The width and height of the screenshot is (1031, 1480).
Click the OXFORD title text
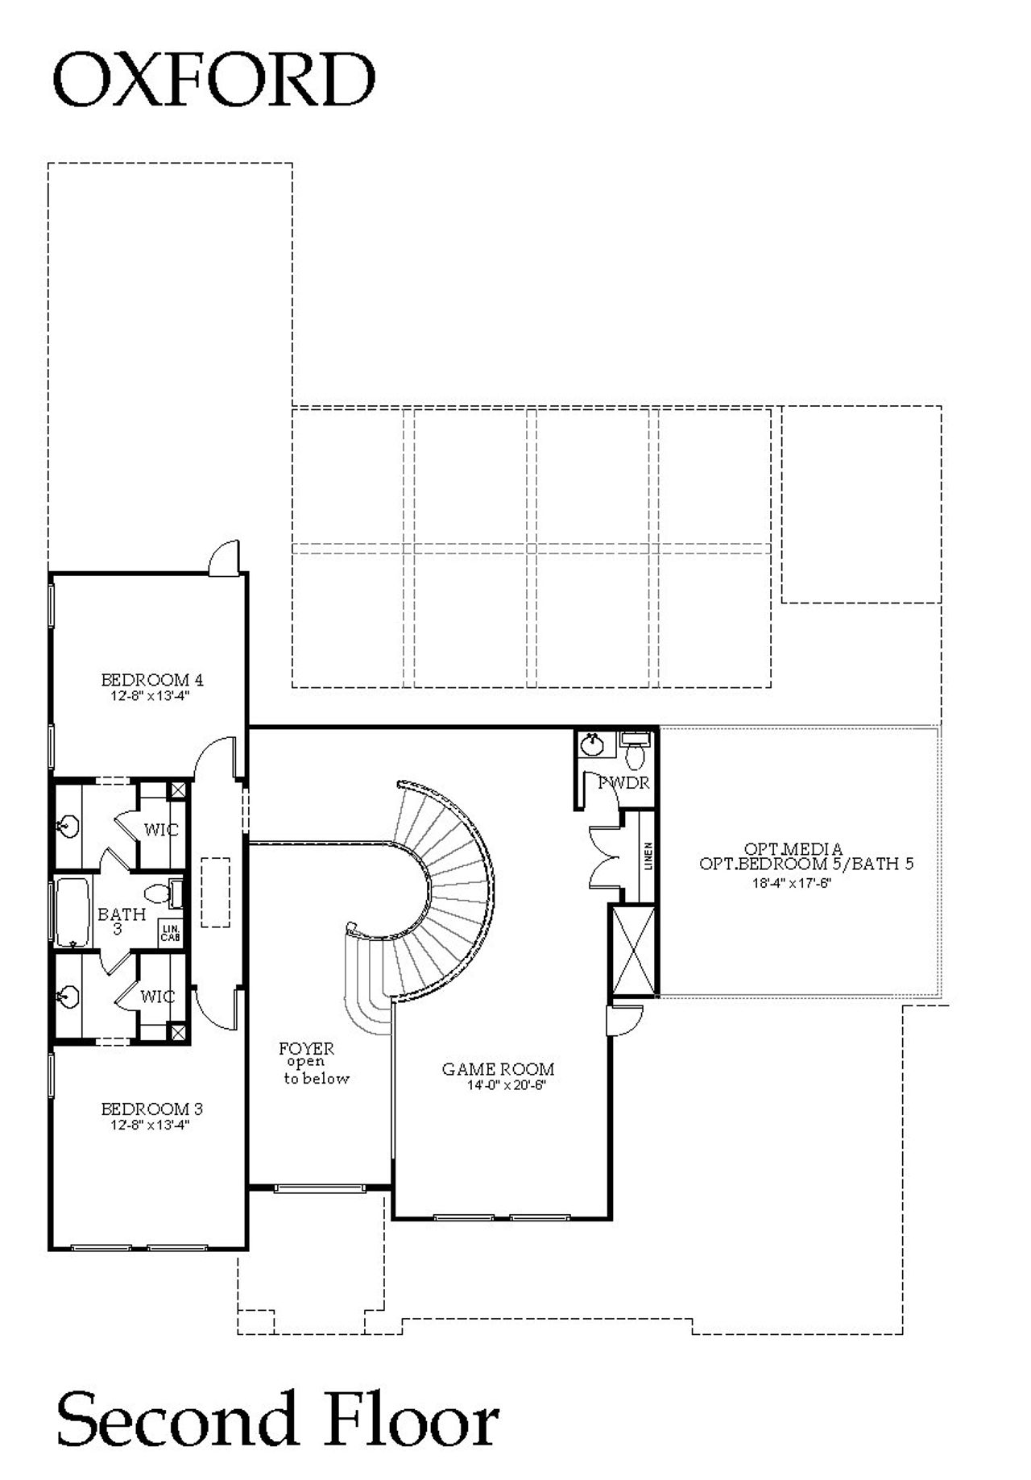point(213,80)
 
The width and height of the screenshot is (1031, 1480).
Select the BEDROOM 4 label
point(146,679)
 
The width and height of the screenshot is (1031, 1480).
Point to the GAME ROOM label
point(498,1069)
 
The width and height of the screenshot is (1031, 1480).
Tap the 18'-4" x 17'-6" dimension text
point(791,882)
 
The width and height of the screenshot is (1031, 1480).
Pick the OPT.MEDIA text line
point(793,848)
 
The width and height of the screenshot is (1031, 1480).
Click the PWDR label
point(624,781)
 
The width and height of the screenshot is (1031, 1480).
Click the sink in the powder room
point(593,744)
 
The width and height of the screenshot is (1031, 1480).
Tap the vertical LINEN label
point(648,856)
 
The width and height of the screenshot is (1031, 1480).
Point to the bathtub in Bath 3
point(72,911)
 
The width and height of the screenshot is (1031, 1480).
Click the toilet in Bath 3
point(159,893)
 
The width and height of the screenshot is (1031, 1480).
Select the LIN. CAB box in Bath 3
point(171,934)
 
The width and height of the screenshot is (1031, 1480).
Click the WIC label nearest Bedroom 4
point(160,829)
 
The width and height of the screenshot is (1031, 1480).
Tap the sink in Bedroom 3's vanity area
point(68,996)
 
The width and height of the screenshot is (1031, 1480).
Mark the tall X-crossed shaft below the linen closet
point(634,951)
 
